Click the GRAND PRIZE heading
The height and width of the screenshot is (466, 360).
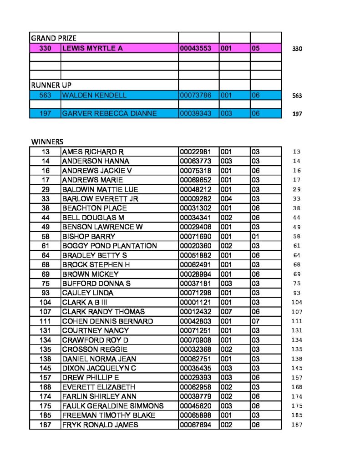click(x=54, y=38)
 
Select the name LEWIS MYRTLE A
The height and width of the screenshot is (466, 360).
click(x=92, y=48)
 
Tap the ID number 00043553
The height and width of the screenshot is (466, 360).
click(x=195, y=48)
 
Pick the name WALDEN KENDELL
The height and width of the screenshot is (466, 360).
click(x=94, y=95)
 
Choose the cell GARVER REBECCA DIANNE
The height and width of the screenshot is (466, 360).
click(x=109, y=113)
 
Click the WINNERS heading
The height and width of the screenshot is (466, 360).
click(x=47, y=142)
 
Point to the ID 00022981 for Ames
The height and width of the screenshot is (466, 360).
click(x=195, y=152)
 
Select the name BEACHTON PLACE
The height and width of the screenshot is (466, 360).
click(x=94, y=208)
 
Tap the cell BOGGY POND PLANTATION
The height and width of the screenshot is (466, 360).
click(x=109, y=246)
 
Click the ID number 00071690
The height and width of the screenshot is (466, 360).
click(x=195, y=237)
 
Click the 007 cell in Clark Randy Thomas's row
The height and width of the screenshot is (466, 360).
click(x=226, y=312)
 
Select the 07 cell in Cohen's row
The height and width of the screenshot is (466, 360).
click(x=255, y=321)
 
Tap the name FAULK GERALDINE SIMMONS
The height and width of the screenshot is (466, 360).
click(x=112, y=406)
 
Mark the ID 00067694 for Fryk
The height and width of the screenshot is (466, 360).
click(x=195, y=425)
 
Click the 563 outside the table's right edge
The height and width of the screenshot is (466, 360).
click(x=297, y=96)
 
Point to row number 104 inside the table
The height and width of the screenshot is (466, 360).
click(x=45, y=302)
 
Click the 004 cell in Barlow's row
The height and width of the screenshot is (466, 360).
click(x=226, y=199)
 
